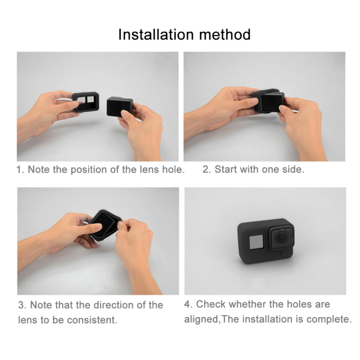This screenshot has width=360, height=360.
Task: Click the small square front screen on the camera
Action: [256, 243]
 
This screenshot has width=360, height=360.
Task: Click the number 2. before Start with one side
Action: [206, 170]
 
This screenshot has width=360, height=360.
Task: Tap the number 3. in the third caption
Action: [22, 305]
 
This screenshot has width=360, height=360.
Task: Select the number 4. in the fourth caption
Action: [188, 304]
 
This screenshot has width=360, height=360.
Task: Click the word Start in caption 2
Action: [226, 170]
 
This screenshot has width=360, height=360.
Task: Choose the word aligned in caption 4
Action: [202, 319]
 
